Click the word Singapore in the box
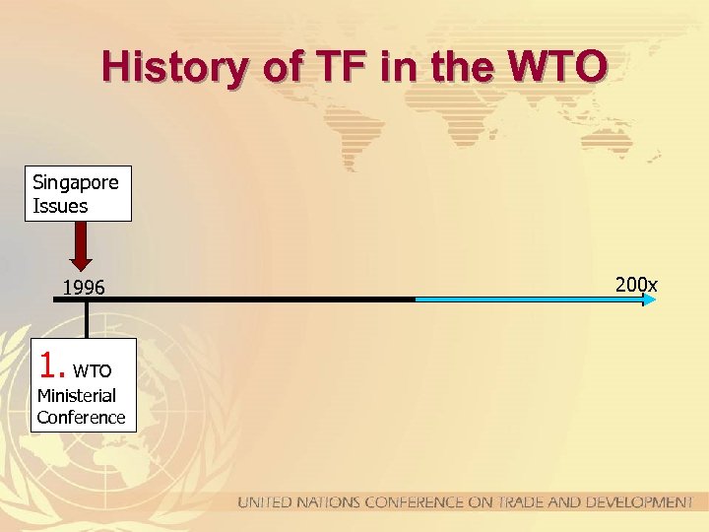(76, 182)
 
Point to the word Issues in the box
(60, 206)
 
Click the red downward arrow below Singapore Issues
(82, 245)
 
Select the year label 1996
(84, 288)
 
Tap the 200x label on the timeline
(636, 285)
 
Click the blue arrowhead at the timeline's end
(649, 299)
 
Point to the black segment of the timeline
(246, 299)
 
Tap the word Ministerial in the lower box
(76, 395)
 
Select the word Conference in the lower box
(81, 417)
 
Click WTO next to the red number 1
(93, 371)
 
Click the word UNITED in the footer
(265, 502)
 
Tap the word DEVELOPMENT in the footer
(640, 502)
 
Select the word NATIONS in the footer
(327, 502)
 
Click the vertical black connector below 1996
(87, 320)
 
